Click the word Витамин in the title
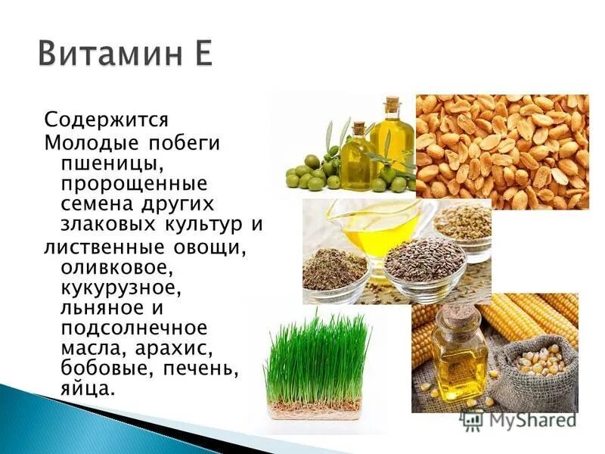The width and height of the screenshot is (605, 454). click(105, 54)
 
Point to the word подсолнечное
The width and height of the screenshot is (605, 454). click(133, 328)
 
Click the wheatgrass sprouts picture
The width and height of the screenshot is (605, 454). click(317, 363)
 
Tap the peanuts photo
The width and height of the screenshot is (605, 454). click(502, 151)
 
